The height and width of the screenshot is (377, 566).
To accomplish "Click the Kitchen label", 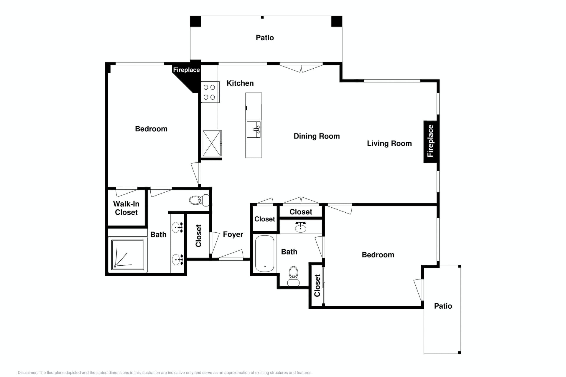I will (240, 83).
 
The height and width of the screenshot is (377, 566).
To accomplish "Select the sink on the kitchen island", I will (254, 129).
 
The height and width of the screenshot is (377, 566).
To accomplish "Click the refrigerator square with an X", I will (212, 143).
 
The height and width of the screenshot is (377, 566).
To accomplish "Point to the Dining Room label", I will (317, 136).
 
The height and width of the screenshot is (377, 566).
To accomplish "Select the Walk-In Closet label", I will (126, 208).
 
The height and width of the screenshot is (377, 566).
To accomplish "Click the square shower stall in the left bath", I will (128, 255).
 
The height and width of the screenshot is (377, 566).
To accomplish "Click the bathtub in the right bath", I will (264, 254).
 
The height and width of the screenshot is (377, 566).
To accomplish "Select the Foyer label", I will (233, 234).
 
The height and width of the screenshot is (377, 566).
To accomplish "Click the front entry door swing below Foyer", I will (231, 255).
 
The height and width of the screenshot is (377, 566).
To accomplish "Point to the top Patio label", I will (265, 38).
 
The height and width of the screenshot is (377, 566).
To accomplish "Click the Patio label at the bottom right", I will (443, 306).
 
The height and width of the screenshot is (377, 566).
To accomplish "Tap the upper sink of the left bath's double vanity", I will (177, 227).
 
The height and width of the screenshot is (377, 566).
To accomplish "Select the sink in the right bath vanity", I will (300, 227).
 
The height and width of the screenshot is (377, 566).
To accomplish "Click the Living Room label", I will (389, 143).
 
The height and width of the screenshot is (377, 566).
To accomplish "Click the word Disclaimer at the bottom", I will (27, 373).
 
